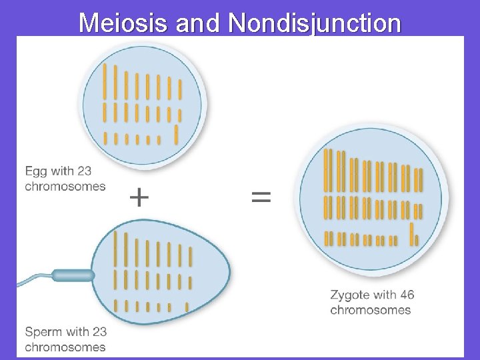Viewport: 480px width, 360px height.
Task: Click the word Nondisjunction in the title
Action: [315, 23]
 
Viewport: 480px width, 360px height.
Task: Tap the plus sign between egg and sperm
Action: [139, 197]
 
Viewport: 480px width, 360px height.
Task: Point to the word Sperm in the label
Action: [46, 331]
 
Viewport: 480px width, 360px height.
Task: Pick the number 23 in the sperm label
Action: [99, 331]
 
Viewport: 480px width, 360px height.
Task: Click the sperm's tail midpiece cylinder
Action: [73, 274]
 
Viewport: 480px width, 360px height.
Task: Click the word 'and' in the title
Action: [199, 23]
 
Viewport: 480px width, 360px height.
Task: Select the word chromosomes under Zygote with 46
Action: [370, 310]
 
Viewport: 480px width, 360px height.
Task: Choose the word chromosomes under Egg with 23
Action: [65, 186]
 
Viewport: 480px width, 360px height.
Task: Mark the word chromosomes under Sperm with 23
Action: [65, 347]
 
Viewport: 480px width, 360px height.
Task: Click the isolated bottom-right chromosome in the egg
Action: [176, 134]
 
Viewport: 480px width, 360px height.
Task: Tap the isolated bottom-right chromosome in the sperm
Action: [187, 307]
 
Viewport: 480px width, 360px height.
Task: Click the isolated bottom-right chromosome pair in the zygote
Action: [414, 234]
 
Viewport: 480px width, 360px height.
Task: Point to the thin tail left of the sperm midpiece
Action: [33, 279]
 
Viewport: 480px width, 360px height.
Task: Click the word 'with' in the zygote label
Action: [383, 295]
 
